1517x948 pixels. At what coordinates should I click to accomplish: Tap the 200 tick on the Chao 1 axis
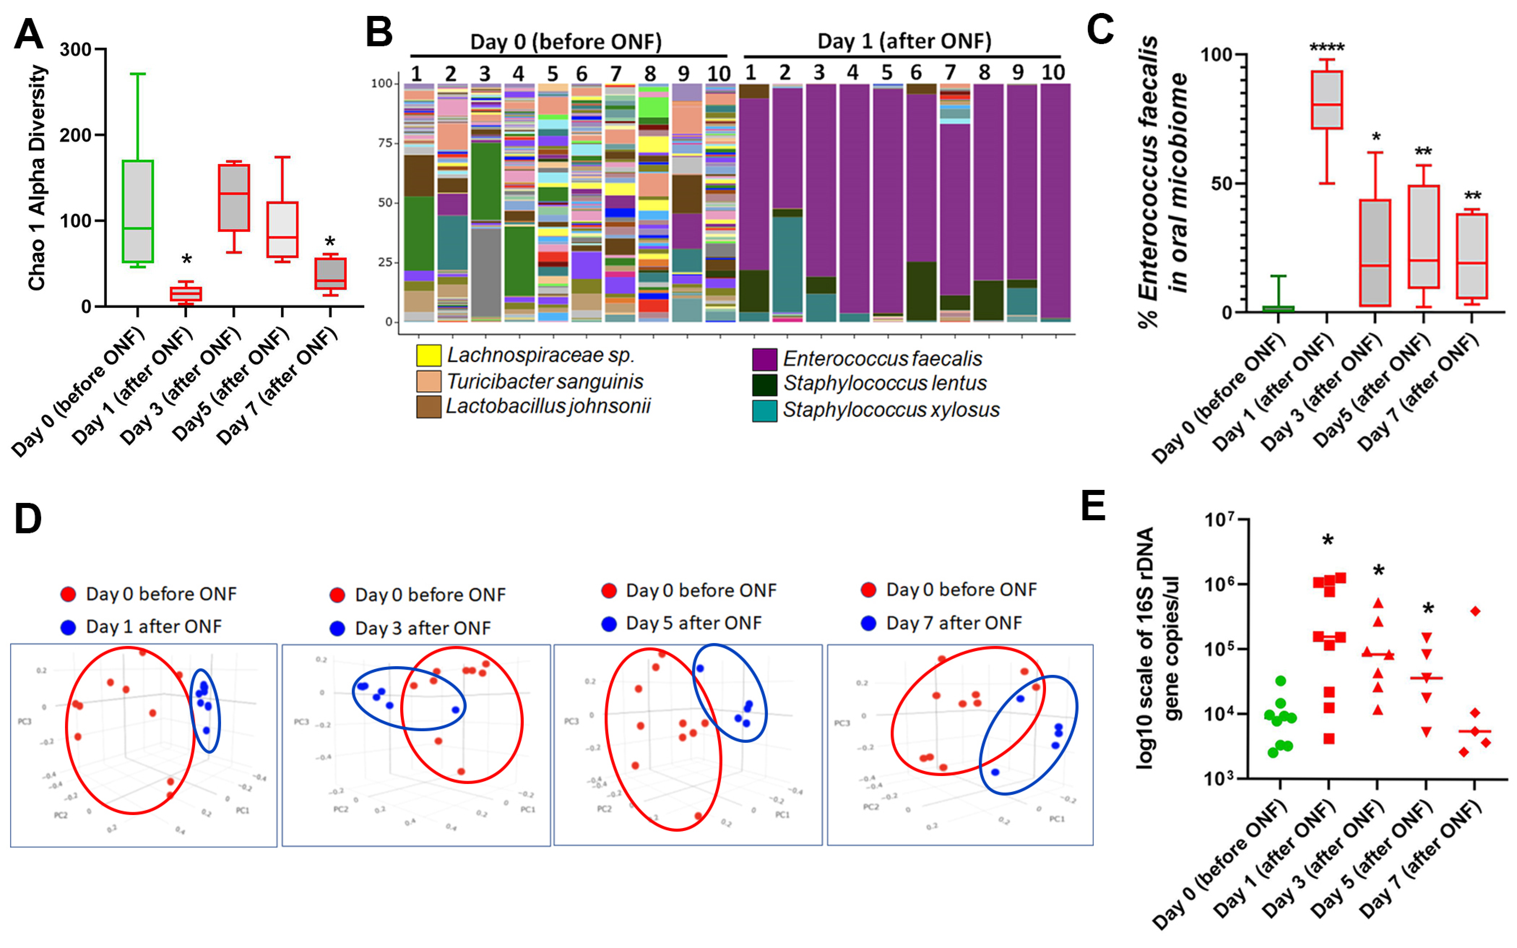click(x=75, y=135)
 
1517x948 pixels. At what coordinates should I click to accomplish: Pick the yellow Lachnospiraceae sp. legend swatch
click(x=429, y=355)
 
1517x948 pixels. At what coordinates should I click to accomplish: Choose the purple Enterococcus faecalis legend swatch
click(x=764, y=359)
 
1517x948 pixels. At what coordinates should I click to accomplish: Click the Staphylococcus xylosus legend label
click(x=891, y=410)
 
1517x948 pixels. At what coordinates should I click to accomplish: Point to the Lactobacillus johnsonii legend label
click(x=548, y=406)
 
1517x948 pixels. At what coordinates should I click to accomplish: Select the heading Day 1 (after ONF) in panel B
click(x=904, y=42)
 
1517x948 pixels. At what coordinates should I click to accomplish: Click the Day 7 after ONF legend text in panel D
click(x=954, y=623)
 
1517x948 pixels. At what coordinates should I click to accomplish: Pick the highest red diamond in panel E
click(x=1475, y=611)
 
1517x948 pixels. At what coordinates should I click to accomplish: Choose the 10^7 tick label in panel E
click(x=1219, y=520)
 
